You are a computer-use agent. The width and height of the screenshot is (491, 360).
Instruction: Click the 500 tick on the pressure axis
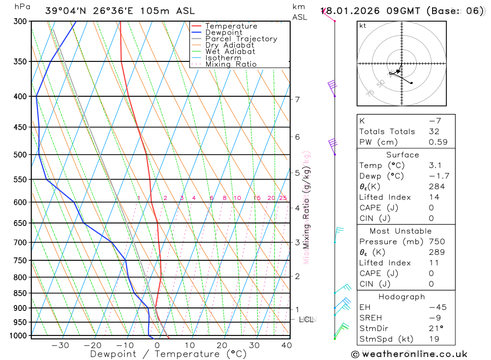pyautogui.click(x=20, y=155)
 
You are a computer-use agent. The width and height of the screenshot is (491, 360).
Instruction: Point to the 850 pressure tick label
pyautogui.click(x=20, y=293)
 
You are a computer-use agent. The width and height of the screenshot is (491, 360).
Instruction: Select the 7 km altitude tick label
pyautogui.click(x=297, y=99)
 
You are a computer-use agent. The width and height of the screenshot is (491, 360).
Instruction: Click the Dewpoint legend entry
pyautogui.click(x=223, y=32)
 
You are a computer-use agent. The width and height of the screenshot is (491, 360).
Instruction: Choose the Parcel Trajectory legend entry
pyautogui.click(x=241, y=39)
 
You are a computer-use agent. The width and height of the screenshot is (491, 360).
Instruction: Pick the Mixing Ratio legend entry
pyautogui.click(x=231, y=64)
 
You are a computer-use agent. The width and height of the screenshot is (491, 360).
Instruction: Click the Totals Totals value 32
pyautogui.click(x=436, y=132)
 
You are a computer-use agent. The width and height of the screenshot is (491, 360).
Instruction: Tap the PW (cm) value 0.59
pyautogui.click(x=438, y=142)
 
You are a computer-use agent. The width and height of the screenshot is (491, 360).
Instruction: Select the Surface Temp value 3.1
pyautogui.click(x=436, y=166)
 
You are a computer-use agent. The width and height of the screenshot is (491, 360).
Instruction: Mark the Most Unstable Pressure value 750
pyautogui.click(x=436, y=242)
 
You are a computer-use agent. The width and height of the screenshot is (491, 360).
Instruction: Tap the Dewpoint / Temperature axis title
pyautogui.click(x=168, y=354)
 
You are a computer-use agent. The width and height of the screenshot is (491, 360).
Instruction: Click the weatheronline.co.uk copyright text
pyautogui.click(x=409, y=354)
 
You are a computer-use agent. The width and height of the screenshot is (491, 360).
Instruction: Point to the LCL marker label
pyautogui.click(x=306, y=320)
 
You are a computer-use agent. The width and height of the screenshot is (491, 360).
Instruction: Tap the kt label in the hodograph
pyautogui.click(x=363, y=26)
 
